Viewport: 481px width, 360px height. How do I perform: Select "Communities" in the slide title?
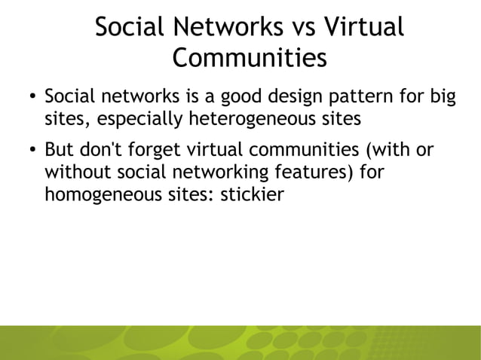[250, 58]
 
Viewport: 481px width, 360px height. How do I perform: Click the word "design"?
[304, 97]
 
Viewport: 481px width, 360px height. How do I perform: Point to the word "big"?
[439, 97]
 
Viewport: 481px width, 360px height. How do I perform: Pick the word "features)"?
[315, 172]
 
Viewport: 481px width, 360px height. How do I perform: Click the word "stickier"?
[253, 194]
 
